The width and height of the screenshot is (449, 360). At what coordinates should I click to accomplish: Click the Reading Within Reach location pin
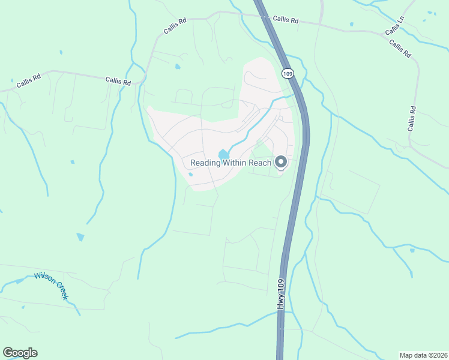[280, 162]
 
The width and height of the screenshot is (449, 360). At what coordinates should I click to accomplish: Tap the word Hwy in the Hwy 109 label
[280, 302]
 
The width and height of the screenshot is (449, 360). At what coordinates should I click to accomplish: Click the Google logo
[20, 353]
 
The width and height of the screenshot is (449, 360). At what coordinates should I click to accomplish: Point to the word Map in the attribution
[407, 355]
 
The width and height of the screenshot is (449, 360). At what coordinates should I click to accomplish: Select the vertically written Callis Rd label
[412, 118]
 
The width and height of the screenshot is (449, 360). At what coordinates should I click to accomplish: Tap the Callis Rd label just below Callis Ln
[400, 49]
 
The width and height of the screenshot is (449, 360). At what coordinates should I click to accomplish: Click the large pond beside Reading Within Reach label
[223, 154]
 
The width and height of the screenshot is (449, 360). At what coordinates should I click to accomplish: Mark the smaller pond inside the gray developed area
[190, 175]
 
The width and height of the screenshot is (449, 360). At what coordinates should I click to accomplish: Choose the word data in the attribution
[421, 355]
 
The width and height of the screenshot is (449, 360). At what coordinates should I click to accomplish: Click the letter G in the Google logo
[7, 353]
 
